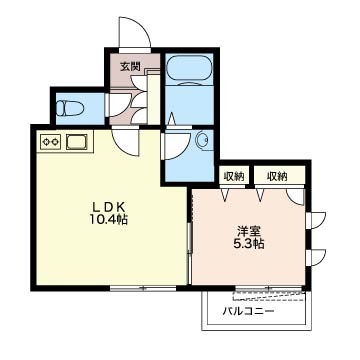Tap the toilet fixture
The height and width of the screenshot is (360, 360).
coord(69,108)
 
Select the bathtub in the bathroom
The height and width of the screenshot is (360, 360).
coord(190,69)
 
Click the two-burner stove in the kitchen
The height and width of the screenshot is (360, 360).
coord(50,142)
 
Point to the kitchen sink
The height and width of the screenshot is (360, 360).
coord(77,142)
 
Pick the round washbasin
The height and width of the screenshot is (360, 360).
coord(202,140)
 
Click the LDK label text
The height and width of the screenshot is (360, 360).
coord(109,207)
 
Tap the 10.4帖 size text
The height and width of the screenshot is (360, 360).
coord(109,220)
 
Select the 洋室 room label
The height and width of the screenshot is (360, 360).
coord(249,231)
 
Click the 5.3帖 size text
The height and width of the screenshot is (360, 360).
coord(249,244)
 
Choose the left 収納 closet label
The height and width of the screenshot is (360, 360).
coord(234,176)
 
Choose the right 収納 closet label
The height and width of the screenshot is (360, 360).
coord(277,176)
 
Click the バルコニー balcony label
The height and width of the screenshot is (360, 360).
coord(248,312)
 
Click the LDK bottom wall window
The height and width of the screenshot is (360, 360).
coord(143,287)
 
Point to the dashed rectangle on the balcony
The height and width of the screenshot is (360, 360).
coord(269,296)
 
